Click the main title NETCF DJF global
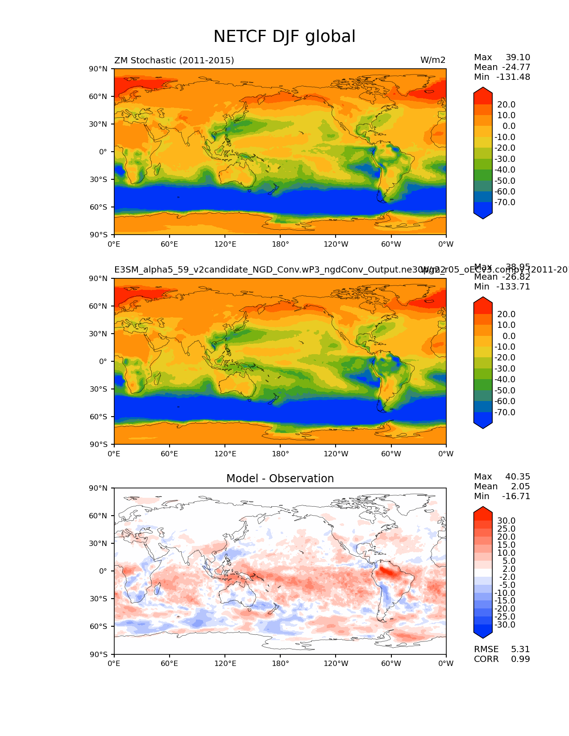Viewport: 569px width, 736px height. pos(284,37)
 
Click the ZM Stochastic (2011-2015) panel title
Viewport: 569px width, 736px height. pos(174,60)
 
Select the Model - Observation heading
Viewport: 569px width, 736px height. pos(280,479)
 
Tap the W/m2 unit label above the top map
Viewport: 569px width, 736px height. pos(432,60)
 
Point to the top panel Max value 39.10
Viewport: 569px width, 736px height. pos(518,57)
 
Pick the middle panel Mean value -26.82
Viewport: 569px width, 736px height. pos(516,277)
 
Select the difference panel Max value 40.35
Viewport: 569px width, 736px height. pos(518,476)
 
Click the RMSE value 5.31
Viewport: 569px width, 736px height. pos(520,649)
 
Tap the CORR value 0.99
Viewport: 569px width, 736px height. pos(520,659)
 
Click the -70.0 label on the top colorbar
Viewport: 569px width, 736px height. pos(505,202)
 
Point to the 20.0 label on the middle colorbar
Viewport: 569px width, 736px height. pos(507,314)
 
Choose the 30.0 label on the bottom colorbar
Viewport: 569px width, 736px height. pos(507,521)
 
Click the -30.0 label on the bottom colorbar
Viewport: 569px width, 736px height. pos(505,624)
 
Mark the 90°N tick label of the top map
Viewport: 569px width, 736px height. pos(99,69)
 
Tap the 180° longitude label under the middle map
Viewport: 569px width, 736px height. pos(280,454)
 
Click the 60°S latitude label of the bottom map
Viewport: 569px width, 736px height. pos(99,626)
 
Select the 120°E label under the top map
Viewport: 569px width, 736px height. pos(225,244)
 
